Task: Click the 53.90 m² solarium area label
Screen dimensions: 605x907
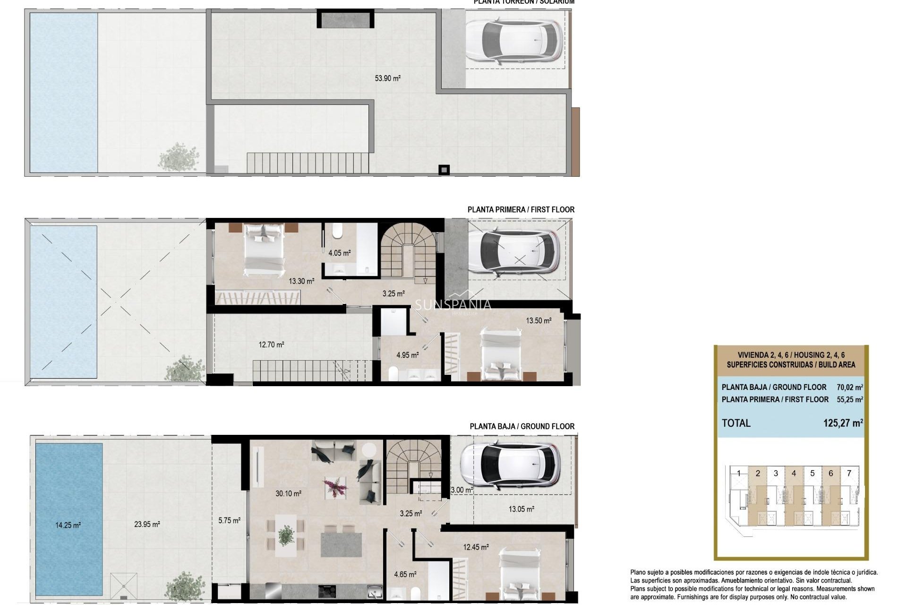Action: pos(387,78)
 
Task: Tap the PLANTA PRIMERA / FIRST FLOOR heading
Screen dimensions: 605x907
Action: pos(521,209)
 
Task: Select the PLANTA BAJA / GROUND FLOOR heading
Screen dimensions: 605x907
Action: pos(522,426)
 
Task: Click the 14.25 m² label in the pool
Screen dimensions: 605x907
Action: pos(68,525)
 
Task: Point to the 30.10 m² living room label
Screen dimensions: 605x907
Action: pos(288,493)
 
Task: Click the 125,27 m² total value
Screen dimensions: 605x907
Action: pos(843,423)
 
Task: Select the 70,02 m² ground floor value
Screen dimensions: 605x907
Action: pos(849,387)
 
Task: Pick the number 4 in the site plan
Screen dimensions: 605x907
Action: pos(807,473)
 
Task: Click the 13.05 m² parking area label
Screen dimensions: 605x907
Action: pos(521,509)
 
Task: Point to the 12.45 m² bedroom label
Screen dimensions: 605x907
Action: pos(475,547)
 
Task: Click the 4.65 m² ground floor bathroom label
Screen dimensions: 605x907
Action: pos(405,575)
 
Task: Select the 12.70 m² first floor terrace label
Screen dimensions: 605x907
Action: pos(271,345)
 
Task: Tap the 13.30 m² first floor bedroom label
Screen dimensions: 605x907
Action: pos(301,281)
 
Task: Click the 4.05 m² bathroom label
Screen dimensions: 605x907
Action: pos(339,253)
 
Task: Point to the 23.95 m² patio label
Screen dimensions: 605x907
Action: pos(147,524)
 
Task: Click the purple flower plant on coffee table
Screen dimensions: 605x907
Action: pos(334,487)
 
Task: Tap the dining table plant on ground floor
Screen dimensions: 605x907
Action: pos(286,535)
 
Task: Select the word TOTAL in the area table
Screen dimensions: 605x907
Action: pos(736,423)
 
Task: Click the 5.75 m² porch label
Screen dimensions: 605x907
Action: pos(229,520)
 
